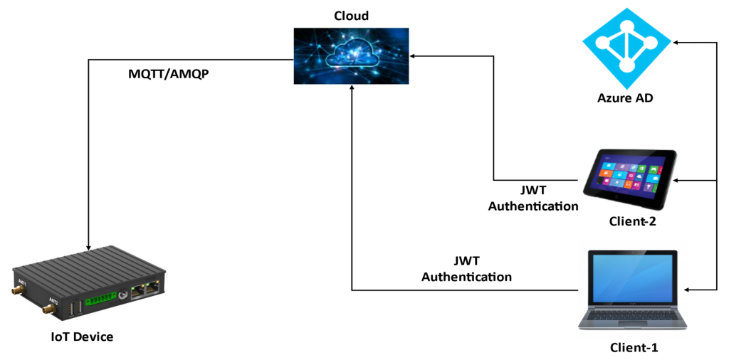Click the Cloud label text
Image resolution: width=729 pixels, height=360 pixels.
click(x=352, y=16)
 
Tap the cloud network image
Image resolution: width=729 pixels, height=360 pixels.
click(x=352, y=55)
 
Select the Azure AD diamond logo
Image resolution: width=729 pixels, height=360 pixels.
click(x=626, y=43)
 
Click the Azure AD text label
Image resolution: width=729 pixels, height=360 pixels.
click(x=625, y=98)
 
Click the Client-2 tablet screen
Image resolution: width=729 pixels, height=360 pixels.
click(x=626, y=174)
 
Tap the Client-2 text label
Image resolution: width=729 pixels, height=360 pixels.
click(x=631, y=221)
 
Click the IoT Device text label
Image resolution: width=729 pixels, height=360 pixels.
click(x=82, y=337)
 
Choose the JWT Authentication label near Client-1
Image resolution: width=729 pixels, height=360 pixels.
click(x=466, y=269)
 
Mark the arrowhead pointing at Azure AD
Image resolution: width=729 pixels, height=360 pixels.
click(x=677, y=44)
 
